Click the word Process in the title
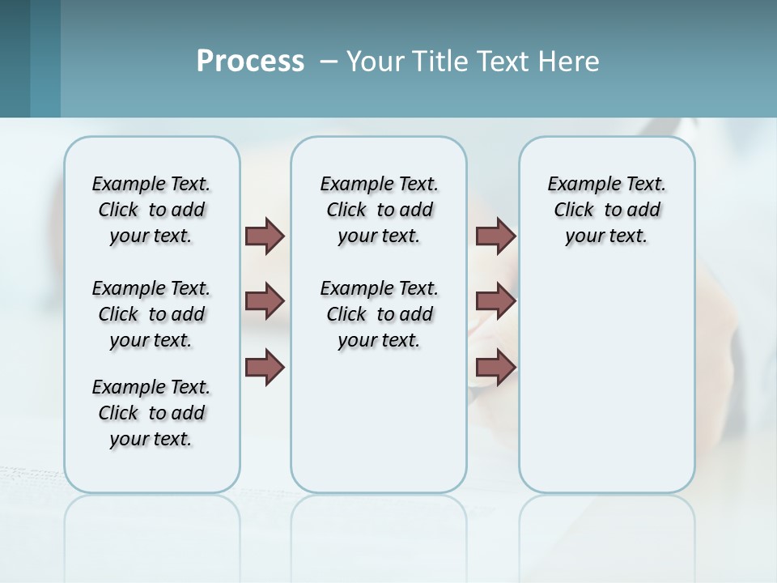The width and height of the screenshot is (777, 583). pos(250,62)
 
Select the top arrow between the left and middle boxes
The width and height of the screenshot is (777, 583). pos(265,236)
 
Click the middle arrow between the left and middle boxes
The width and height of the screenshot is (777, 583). pos(265,301)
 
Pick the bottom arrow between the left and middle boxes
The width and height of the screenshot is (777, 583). pos(265,367)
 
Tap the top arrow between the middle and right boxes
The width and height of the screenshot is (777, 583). pos(495,236)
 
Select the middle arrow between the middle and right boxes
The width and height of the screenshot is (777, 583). pos(495,301)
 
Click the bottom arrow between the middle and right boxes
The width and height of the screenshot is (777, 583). pos(495,367)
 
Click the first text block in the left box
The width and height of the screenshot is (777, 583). pos(151,210)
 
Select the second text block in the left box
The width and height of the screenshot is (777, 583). pos(151,314)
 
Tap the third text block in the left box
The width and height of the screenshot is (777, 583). pos(151,413)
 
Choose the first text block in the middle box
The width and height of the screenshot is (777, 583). pos(379,210)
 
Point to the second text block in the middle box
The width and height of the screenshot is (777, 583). pos(379,314)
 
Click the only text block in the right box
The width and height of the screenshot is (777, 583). pos(606,210)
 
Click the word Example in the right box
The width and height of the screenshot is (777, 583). pos(577,185)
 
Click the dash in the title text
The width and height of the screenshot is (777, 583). pos(329,62)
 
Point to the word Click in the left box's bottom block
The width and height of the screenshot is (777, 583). pos(118,413)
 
